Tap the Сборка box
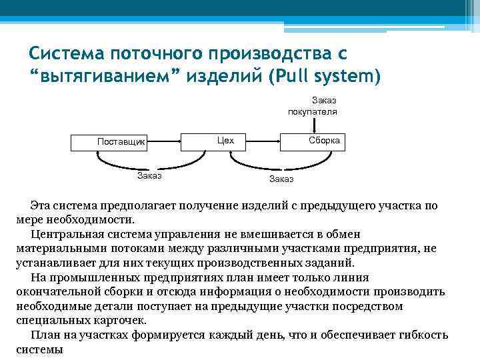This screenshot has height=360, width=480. point(324,141)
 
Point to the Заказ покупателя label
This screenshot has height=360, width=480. point(312,106)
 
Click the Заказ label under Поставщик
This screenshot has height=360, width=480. point(149,176)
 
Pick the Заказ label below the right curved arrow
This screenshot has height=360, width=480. point(281,179)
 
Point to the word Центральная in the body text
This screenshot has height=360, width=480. point(68,233)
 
